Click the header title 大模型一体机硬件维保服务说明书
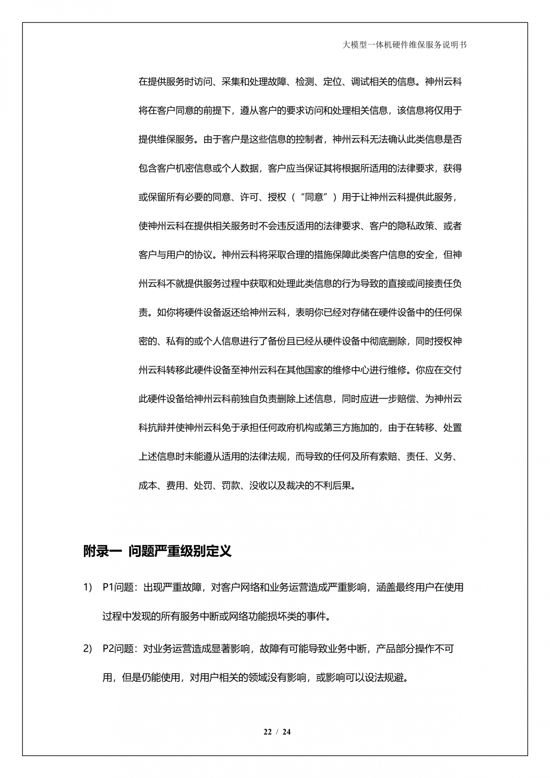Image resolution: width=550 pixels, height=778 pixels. [405, 45]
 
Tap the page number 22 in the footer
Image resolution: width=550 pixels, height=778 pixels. [268, 732]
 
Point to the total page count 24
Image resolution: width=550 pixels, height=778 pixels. [286, 732]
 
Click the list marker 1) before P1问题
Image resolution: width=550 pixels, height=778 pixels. [88, 587]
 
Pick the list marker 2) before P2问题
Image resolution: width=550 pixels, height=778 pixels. [88, 649]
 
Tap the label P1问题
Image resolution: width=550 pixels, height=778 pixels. [118, 587]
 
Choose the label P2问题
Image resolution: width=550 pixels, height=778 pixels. [118, 649]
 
